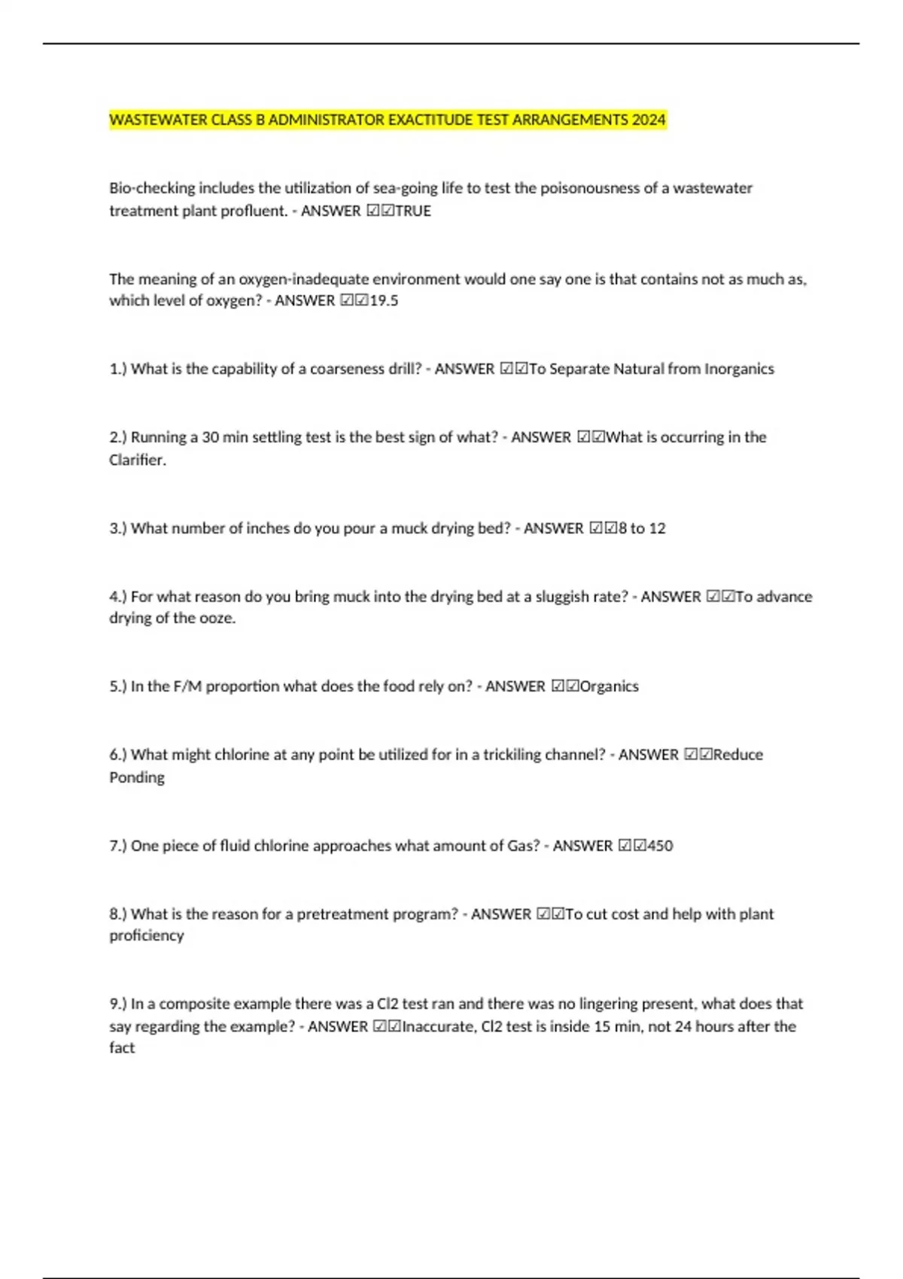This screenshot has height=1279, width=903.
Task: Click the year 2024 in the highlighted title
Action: [649, 120]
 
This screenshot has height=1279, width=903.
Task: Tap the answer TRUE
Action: [413, 211]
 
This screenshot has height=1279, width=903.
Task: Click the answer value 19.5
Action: [384, 301]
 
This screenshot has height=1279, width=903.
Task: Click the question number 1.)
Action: [118, 369]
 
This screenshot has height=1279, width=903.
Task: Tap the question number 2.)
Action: [118, 438]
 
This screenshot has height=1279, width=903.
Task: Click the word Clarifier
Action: [138, 460]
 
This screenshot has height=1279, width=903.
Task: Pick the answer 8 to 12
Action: [641, 529]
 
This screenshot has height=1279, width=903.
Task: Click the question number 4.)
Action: [118, 597]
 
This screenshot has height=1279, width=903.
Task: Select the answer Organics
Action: [609, 687]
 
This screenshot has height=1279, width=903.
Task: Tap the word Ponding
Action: [137, 778]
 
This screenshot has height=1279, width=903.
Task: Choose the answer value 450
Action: [660, 846]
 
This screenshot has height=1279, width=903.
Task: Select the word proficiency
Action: [147, 936]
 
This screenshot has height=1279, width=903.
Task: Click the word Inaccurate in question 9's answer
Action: [439, 1027]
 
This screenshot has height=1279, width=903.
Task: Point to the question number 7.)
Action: [118, 846]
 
